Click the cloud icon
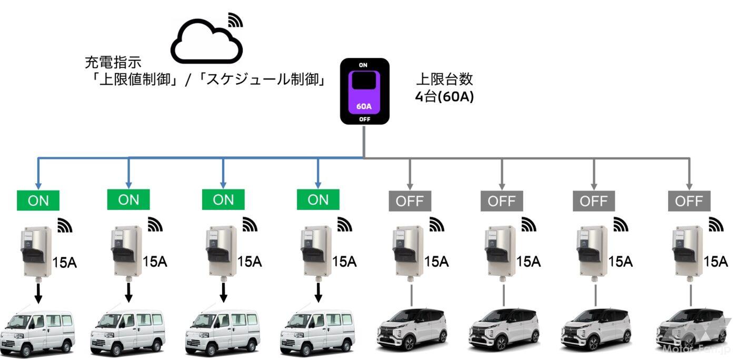point(207,42)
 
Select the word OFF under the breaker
point(364,119)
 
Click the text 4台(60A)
point(445,97)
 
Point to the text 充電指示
point(113,63)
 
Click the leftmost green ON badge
point(38,200)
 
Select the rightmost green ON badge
point(318,200)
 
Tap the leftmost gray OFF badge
point(410,201)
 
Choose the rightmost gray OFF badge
point(689,201)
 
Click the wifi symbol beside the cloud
point(236,19)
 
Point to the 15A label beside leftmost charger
point(65,262)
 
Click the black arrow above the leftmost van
point(38,294)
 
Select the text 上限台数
point(445,79)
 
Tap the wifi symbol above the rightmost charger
point(716,225)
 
